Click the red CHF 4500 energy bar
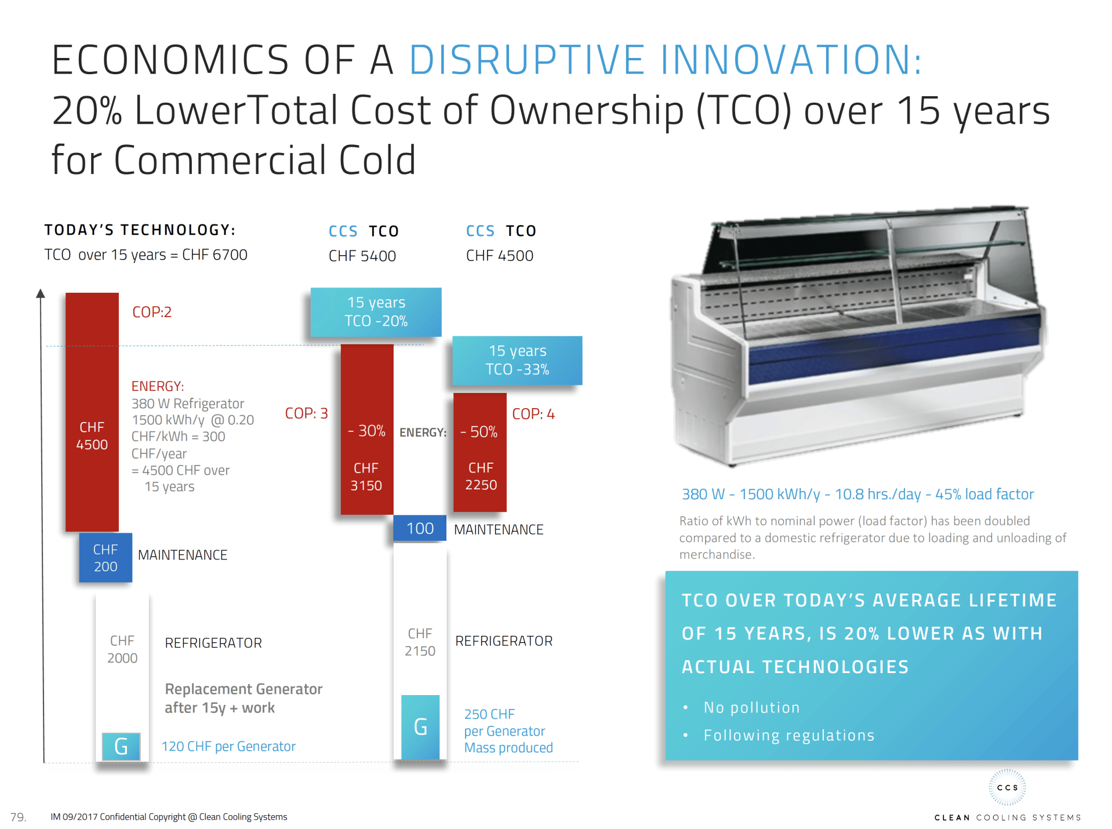[x=92, y=412]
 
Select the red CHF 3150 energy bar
[x=367, y=429]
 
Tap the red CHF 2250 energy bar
[x=480, y=452]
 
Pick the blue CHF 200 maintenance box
[x=106, y=558]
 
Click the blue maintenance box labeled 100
[x=420, y=528]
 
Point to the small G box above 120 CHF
[x=121, y=746]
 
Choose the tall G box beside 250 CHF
[x=420, y=727]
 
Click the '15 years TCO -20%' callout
[x=376, y=312]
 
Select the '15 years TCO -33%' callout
[x=517, y=360]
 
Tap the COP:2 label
[x=152, y=312]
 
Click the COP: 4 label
[x=533, y=414]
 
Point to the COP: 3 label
[x=306, y=413]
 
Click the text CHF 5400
[x=362, y=256]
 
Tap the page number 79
[x=18, y=817]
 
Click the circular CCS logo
[x=1007, y=787]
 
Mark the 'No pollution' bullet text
[x=751, y=707]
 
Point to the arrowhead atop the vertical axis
[x=41, y=293]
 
